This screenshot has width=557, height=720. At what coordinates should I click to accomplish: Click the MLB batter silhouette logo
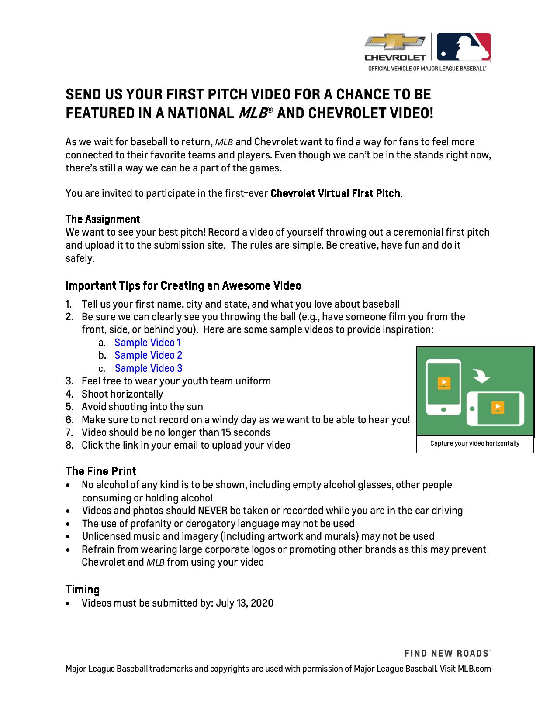point(464,46)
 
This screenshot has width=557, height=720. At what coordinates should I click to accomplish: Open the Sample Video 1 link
point(147,343)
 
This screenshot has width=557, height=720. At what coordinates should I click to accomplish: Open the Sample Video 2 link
point(148,355)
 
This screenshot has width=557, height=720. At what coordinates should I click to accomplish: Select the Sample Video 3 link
point(149,368)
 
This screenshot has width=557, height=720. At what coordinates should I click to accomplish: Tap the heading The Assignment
point(103,219)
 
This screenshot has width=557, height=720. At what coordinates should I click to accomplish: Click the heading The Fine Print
point(101,471)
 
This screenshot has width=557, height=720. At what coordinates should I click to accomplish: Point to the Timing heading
point(83,590)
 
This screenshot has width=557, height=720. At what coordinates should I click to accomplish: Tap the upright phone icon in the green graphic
point(443,387)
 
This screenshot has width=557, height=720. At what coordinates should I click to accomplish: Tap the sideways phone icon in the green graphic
point(495,409)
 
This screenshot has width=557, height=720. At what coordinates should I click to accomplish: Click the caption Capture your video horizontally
point(474,443)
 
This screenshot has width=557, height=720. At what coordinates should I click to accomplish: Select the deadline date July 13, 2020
point(245,603)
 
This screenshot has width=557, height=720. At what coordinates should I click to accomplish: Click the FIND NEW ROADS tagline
point(447,653)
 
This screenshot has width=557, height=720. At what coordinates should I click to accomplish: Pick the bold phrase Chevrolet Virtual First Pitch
point(335,193)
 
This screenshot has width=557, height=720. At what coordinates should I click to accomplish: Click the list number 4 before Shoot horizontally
point(69,394)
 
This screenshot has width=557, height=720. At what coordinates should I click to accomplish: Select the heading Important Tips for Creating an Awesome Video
point(183,286)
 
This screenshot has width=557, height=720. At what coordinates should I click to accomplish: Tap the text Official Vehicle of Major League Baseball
point(427,69)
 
